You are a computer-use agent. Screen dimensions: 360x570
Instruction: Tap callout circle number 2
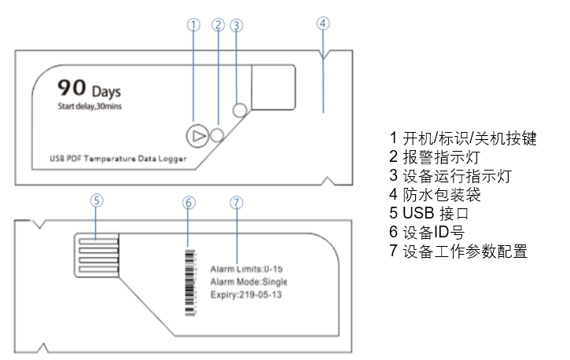[218, 24]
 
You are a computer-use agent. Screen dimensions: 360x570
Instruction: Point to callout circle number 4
[323, 23]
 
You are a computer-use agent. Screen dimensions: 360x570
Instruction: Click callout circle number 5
[96, 200]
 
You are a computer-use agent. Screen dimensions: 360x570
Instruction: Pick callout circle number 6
[188, 202]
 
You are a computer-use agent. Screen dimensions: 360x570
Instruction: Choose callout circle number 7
[237, 202]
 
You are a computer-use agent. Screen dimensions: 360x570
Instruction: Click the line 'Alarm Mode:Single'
[248, 281]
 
